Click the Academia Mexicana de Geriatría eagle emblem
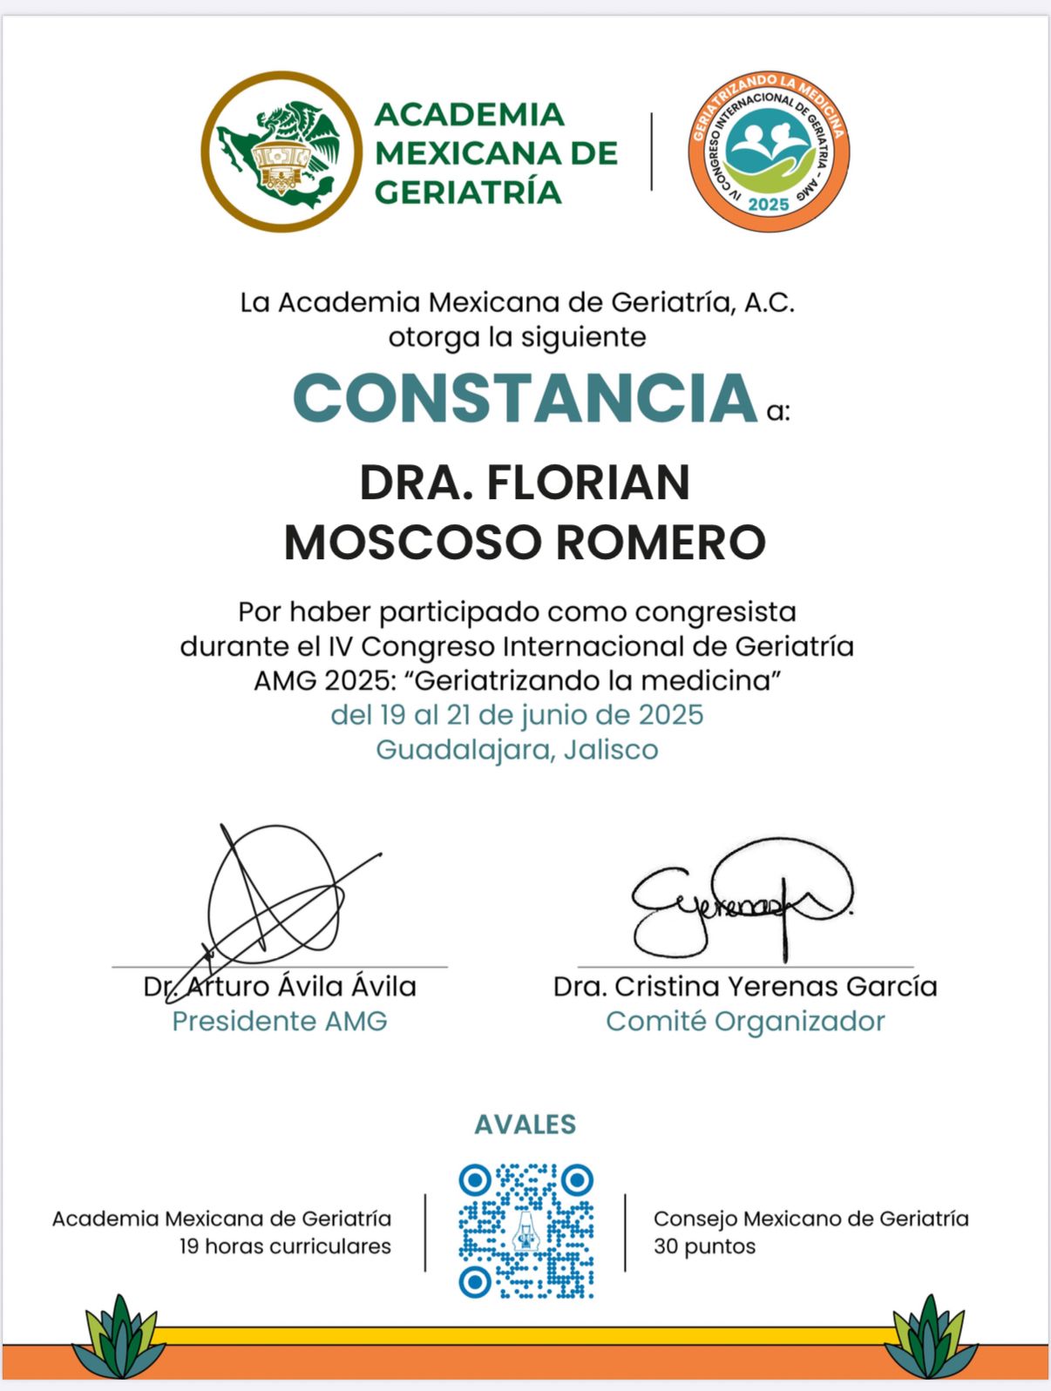pyautogui.click(x=281, y=152)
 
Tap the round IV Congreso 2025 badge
pyautogui.click(x=769, y=152)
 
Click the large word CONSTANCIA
pyautogui.click(x=525, y=398)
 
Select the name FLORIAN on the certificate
pyautogui.click(x=588, y=483)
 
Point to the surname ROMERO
pyautogui.click(x=660, y=542)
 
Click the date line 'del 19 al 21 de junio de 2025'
pyautogui.click(x=517, y=715)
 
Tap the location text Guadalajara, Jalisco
pyautogui.click(x=517, y=749)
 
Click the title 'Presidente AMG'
pyautogui.click(x=280, y=1021)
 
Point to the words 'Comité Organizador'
pyautogui.click(x=745, y=1021)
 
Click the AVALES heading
pyautogui.click(x=525, y=1124)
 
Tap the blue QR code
pyautogui.click(x=526, y=1230)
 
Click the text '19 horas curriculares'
pyautogui.click(x=285, y=1246)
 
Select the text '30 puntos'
pyautogui.click(x=704, y=1246)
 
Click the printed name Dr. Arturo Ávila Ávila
pyautogui.click(x=280, y=987)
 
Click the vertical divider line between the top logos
pyautogui.click(x=652, y=152)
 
